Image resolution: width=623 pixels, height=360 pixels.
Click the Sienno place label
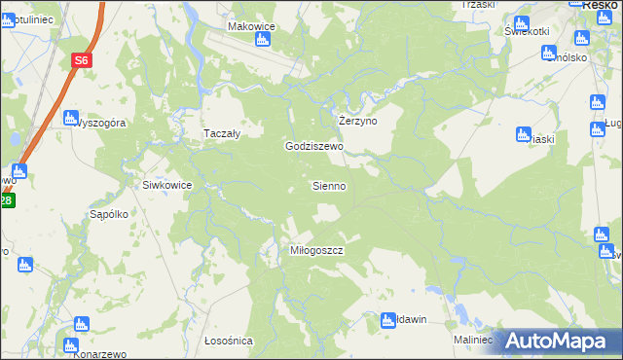(329, 185)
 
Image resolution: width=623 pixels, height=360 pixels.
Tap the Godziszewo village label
(314, 146)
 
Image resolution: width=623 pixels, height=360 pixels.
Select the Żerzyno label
(357, 121)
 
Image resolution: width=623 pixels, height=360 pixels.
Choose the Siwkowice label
(166, 185)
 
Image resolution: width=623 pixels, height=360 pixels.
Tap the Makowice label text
(252, 26)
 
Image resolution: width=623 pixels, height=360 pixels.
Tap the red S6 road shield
(81, 60)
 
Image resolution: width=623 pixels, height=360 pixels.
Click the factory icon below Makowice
(261, 40)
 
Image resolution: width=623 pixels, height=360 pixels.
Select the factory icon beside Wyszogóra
(69, 119)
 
